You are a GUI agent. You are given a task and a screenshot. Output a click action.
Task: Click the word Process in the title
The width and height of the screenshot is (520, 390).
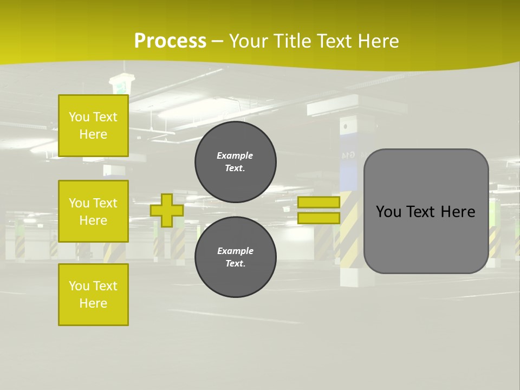click(170, 41)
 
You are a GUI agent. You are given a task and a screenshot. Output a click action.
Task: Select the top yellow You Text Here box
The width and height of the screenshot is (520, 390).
click(93, 126)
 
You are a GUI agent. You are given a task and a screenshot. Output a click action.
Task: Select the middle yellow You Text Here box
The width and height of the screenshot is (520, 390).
click(93, 211)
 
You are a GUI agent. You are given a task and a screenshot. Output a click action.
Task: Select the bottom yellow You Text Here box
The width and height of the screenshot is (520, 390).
click(93, 295)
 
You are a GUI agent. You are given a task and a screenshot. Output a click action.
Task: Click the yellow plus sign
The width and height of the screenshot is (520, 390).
click(167, 210)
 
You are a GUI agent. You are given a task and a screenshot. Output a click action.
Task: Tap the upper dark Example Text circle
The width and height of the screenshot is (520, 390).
click(235, 162)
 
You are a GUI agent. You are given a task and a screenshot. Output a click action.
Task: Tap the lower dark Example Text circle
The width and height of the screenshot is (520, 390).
click(235, 257)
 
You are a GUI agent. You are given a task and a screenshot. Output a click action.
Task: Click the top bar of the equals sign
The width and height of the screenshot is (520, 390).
click(318, 203)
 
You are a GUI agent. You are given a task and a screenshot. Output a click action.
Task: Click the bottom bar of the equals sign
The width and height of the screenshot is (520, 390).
click(318, 218)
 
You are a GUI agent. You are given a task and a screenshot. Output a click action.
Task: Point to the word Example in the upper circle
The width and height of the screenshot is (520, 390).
click(235, 155)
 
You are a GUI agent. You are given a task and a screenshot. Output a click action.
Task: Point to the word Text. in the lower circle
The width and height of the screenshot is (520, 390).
click(235, 264)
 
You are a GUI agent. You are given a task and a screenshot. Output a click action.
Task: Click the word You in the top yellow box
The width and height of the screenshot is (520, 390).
click(79, 117)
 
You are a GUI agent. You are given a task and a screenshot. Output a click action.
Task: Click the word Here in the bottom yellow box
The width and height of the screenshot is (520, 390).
click(93, 303)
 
